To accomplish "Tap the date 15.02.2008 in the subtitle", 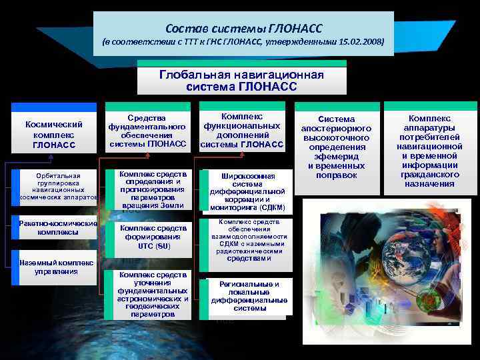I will [359, 42].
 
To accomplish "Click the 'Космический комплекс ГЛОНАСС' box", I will [53, 135].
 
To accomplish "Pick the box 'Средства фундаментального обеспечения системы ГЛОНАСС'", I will [147, 129].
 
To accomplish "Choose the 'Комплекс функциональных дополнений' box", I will [242, 130].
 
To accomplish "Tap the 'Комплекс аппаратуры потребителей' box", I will [429, 151].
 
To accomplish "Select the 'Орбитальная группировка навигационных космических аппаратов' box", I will [59, 187].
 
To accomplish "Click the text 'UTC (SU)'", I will [155, 246].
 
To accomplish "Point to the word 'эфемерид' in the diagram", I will [337, 156].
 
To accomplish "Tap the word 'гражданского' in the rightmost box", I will [429, 175].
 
